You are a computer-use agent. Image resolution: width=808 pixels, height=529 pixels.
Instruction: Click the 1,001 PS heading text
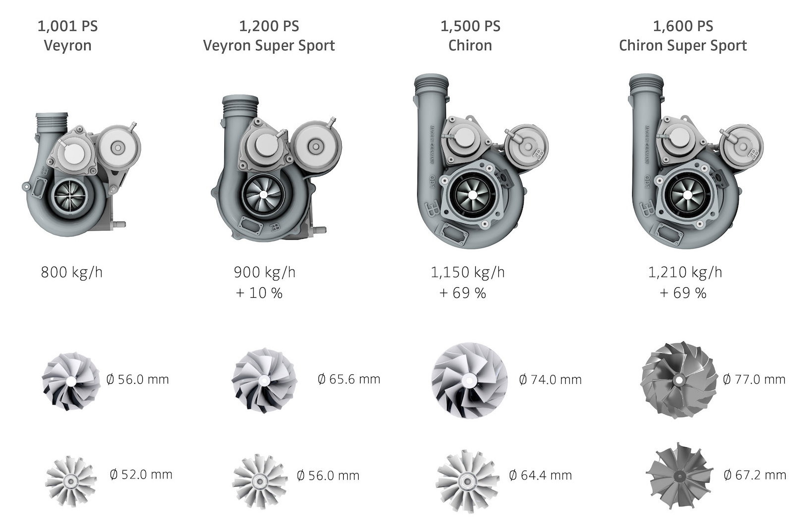67,26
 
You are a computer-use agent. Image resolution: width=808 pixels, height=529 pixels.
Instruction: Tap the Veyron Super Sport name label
269,46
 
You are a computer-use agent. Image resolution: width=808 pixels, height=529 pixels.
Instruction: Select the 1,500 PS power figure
470,26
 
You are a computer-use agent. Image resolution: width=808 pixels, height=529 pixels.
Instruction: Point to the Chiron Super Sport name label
683,46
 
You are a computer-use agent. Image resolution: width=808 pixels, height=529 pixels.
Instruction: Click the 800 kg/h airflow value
72,272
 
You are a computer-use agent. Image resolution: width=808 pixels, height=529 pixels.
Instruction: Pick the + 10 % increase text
259,293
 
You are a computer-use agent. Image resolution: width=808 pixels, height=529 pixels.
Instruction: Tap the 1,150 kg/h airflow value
468,272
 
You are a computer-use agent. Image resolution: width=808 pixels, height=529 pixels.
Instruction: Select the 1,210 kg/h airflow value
685,272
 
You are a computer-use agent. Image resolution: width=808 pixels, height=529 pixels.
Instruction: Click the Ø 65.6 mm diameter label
349,379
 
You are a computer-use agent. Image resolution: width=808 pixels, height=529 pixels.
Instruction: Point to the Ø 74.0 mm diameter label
550,379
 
